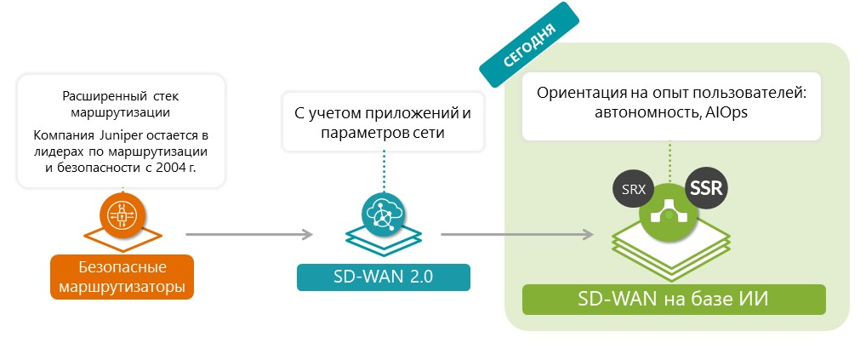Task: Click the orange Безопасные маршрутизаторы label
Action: tap(122, 277)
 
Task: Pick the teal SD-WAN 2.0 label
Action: tap(383, 277)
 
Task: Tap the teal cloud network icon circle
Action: tap(383, 213)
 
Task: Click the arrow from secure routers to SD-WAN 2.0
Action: tap(247, 234)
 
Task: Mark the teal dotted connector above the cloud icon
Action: tap(383, 170)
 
